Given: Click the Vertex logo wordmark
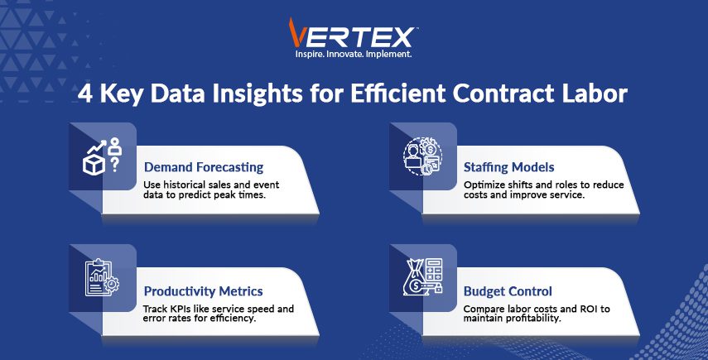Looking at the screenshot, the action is pos(351,33).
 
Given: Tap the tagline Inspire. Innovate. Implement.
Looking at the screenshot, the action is pos(353,54).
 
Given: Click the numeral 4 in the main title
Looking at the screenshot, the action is pos(85,94).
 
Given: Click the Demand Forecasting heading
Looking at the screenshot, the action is pos(204,167).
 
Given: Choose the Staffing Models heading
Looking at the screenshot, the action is pos(509,167).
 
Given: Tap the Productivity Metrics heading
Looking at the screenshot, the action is pos(203,291).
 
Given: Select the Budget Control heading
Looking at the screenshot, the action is pos(508,291).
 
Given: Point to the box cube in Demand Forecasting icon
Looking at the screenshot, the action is pos(94,165).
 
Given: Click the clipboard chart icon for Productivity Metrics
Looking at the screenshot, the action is pos(102,278).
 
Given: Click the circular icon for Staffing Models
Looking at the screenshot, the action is pos(422,156).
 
